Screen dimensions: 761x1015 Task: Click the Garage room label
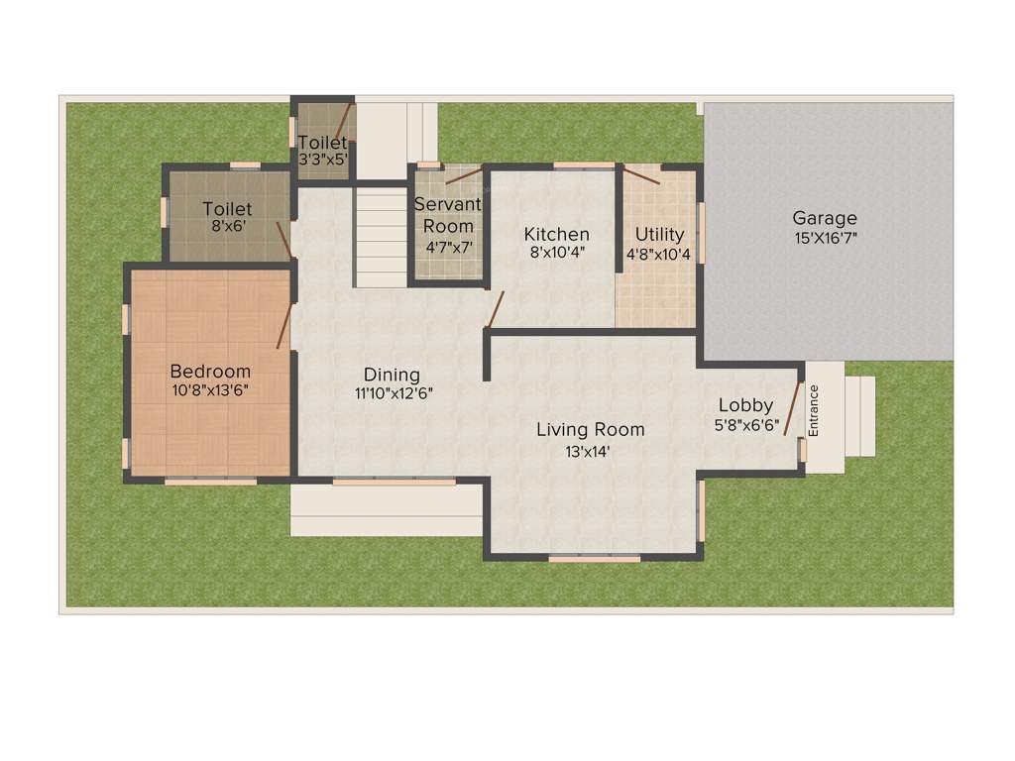point(825,218)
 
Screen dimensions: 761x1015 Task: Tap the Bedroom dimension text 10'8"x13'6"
point(209,390)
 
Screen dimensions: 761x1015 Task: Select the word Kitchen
point(557,234)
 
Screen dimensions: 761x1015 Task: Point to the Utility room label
point(659,234)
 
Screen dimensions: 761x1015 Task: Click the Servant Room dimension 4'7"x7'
point(448,247)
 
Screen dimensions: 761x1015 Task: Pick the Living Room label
point(591,429)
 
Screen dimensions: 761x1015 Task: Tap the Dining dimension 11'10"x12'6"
point(394,392)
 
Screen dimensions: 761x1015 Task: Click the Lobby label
point(745,404)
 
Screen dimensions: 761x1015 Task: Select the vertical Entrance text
point(815,410)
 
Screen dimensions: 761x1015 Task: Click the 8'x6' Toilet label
point(227,209)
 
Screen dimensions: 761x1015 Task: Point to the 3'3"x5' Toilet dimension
point(323,159)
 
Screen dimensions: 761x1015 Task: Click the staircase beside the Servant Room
point(382,237)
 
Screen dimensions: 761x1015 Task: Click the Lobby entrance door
point(792,407)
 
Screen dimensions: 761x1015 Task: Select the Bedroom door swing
point(284,326)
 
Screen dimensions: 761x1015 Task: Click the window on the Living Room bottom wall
point(595,559)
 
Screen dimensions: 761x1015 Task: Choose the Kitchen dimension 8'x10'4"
point(557,253)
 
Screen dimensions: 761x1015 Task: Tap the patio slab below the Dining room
point(386,509)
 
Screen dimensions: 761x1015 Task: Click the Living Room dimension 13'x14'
point(591,451)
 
